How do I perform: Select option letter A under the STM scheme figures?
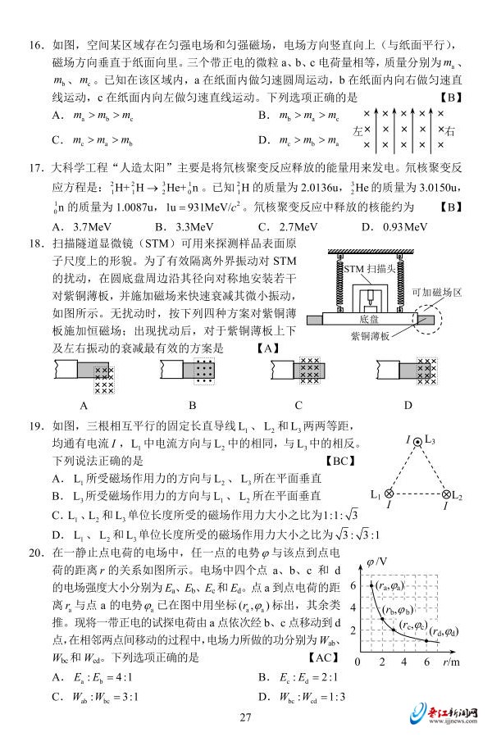coord(84,404)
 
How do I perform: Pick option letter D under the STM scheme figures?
coord(408,404)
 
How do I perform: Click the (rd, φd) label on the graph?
coord(448,632)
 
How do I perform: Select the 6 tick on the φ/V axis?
coord(353,586)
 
